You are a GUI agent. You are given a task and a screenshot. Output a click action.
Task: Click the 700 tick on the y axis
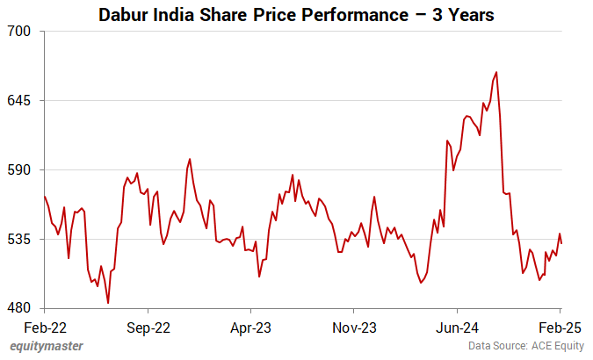coord(21,31)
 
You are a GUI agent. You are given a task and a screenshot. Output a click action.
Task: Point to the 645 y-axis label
coord(21,100)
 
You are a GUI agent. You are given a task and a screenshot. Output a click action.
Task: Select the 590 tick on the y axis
coord(21,169)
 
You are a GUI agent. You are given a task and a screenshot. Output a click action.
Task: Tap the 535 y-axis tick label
coord(21,239)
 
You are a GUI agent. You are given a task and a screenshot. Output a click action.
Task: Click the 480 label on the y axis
coord(21,308)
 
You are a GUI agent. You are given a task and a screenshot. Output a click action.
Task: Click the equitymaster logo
coord(47,347)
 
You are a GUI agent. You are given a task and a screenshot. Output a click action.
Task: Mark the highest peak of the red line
coord(496,72)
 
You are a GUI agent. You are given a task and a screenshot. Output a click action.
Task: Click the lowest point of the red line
coord(108,303)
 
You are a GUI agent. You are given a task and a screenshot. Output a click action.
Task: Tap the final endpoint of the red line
coord(561,243)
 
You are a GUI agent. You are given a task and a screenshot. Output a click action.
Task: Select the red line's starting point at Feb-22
coord(44,196)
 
